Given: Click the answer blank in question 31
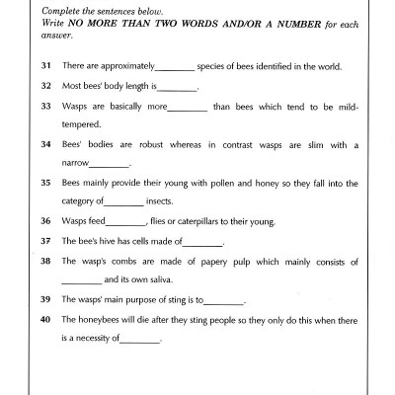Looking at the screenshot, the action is click(176, 68).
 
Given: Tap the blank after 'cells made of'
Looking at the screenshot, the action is click(203, 242).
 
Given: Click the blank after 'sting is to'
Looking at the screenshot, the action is click(222, 299).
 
